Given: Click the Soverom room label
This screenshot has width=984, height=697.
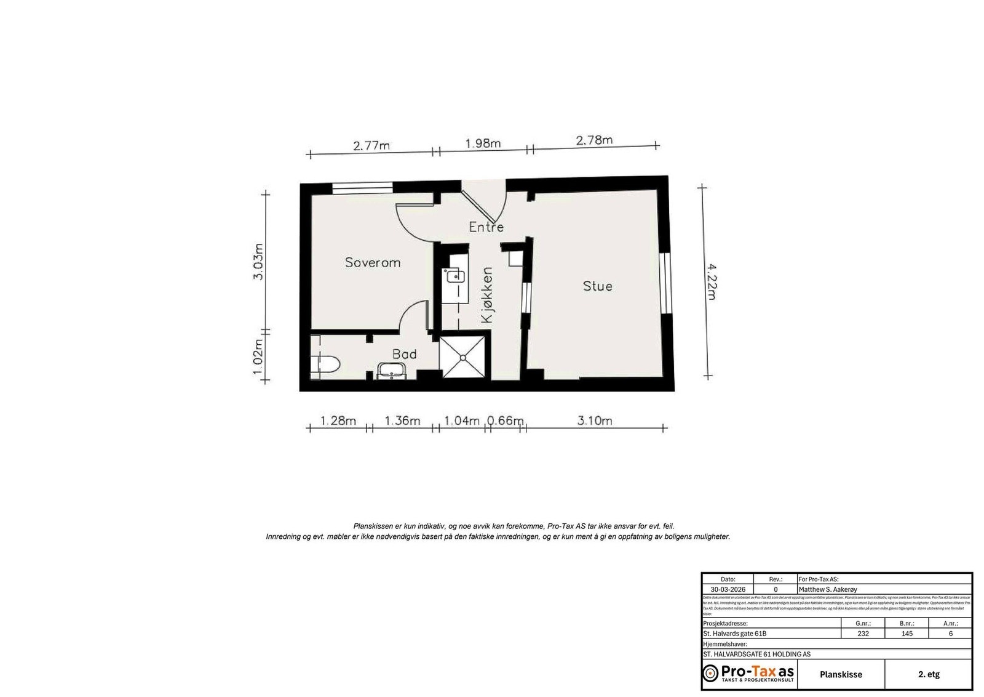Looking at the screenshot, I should (373, 262).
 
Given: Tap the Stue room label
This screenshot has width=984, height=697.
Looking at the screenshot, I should (597, 286).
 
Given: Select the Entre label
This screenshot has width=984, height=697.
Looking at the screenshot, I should (486, 227).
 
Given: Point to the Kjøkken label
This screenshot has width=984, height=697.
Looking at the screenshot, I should (487, 295).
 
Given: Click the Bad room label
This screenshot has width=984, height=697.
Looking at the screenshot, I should (404, 354).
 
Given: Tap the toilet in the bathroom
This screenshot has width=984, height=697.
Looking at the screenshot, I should (326, 364).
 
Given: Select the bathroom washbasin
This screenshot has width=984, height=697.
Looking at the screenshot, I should (391, 371).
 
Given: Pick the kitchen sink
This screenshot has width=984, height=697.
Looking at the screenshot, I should (455, 275).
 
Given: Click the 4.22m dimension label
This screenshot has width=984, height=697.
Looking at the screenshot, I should (711, 281).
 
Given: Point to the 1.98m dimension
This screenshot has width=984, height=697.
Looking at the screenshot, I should (483, 143).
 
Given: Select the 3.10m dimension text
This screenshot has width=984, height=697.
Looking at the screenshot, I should (595, 421).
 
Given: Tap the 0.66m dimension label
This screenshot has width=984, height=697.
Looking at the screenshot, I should (506, 421).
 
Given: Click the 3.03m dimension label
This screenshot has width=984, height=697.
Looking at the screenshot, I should (258, 262).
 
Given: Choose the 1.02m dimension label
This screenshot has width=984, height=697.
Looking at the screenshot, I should (258, 357).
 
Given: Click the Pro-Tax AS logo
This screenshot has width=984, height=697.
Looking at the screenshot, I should (748, 673).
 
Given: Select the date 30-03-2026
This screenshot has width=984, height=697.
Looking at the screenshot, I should (728, 589).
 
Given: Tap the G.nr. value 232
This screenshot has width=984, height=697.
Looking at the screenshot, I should (863, 634).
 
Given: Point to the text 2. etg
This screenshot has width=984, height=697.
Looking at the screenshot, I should (929, 674).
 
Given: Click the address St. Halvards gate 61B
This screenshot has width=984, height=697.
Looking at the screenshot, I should (735, 634).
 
